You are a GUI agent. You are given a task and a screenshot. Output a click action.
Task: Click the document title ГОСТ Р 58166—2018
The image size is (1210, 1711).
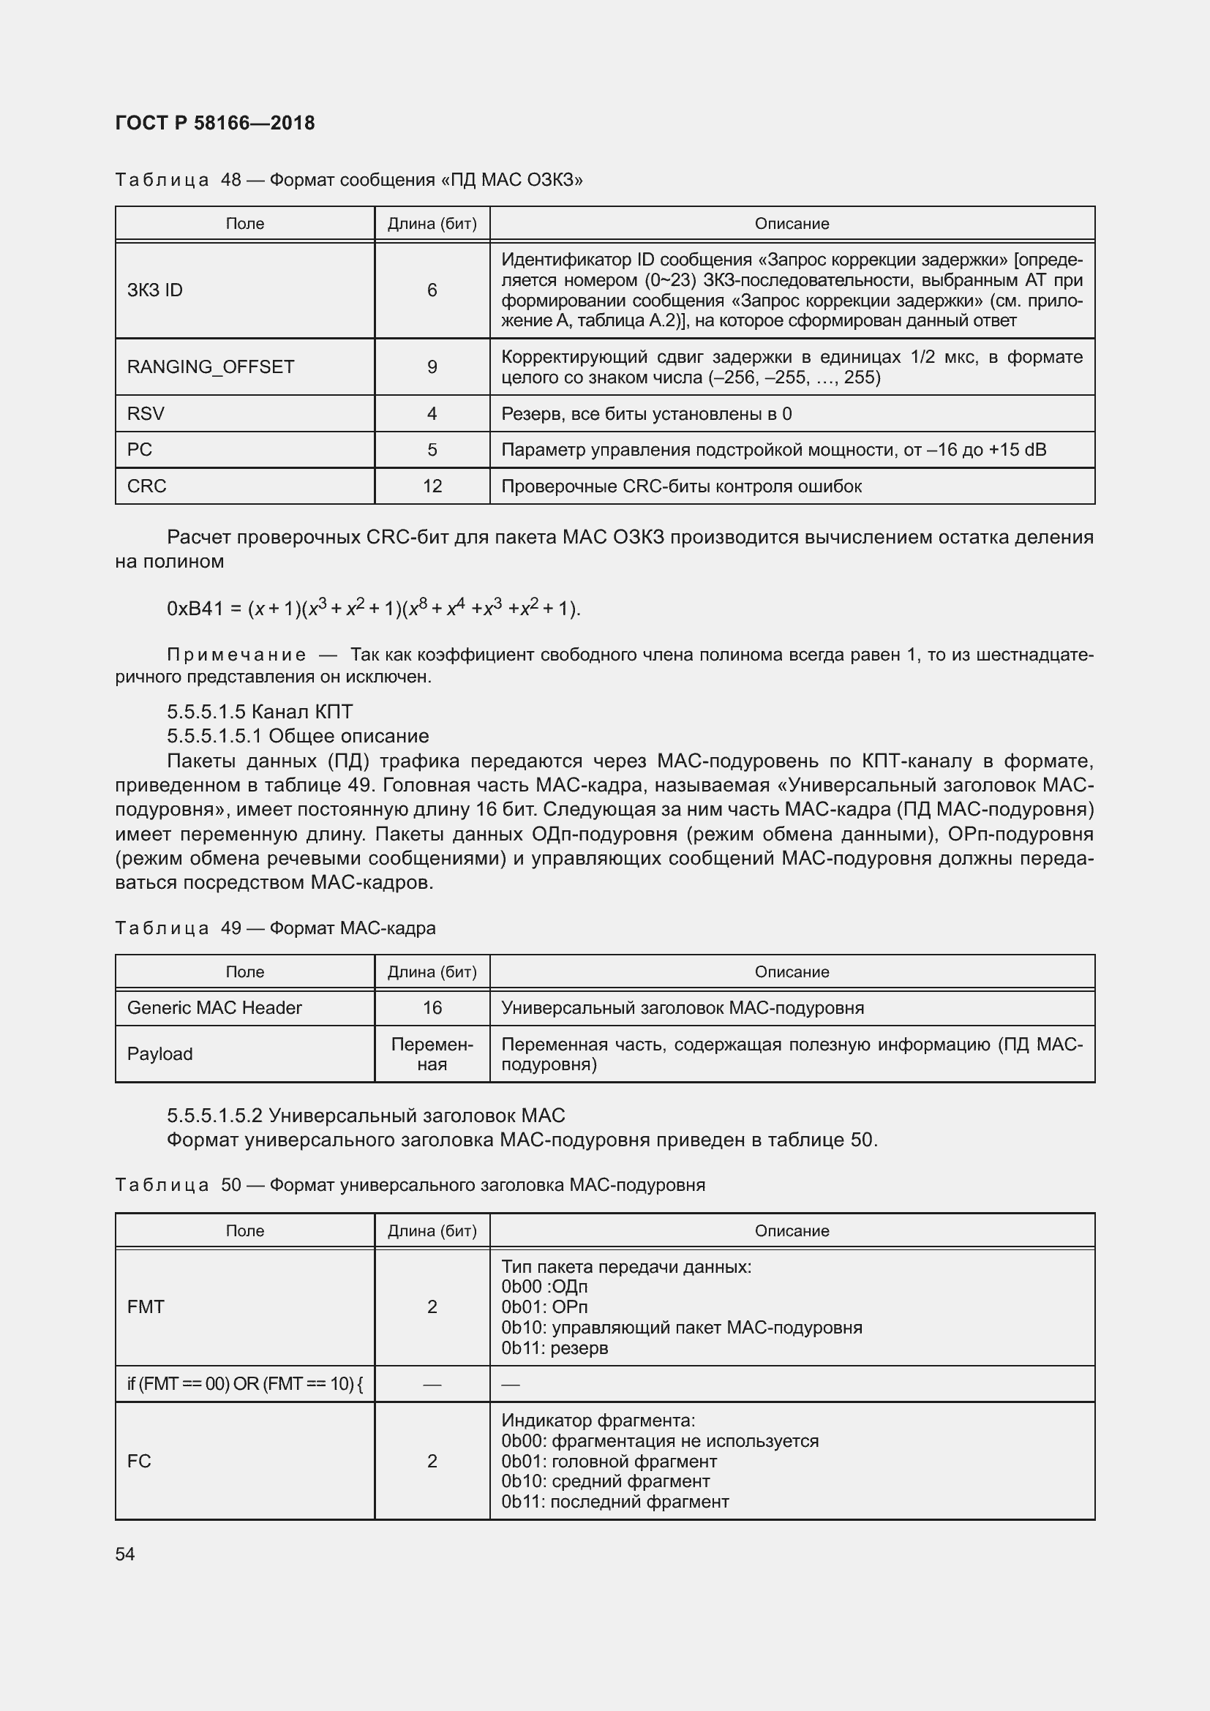pos(215,123)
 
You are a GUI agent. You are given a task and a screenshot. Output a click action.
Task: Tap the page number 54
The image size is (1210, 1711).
pos(125,1554)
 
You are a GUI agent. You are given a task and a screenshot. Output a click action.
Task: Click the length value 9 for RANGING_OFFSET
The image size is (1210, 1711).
pos(432,366)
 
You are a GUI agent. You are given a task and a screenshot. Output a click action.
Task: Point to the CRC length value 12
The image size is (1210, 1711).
pos(432,486)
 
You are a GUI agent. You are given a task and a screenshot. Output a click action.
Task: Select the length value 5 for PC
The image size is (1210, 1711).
pos(432,449)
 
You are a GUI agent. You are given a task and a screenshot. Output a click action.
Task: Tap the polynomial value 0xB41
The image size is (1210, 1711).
pos(195,609)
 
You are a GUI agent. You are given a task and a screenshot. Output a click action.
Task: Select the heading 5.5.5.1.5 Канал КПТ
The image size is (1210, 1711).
pos(260,711)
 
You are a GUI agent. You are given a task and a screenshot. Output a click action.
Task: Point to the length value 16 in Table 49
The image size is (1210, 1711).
pos(432,1007)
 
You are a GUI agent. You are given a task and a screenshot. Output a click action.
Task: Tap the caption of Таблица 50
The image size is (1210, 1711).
pos(410,1185)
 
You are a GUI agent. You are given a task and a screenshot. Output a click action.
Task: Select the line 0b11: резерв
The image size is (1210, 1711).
pos(555,1347)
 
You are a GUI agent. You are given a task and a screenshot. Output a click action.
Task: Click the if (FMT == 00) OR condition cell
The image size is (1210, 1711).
pos(245,1384)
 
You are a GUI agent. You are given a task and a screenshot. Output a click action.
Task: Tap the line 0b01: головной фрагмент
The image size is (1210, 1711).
pos(609,1462)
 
